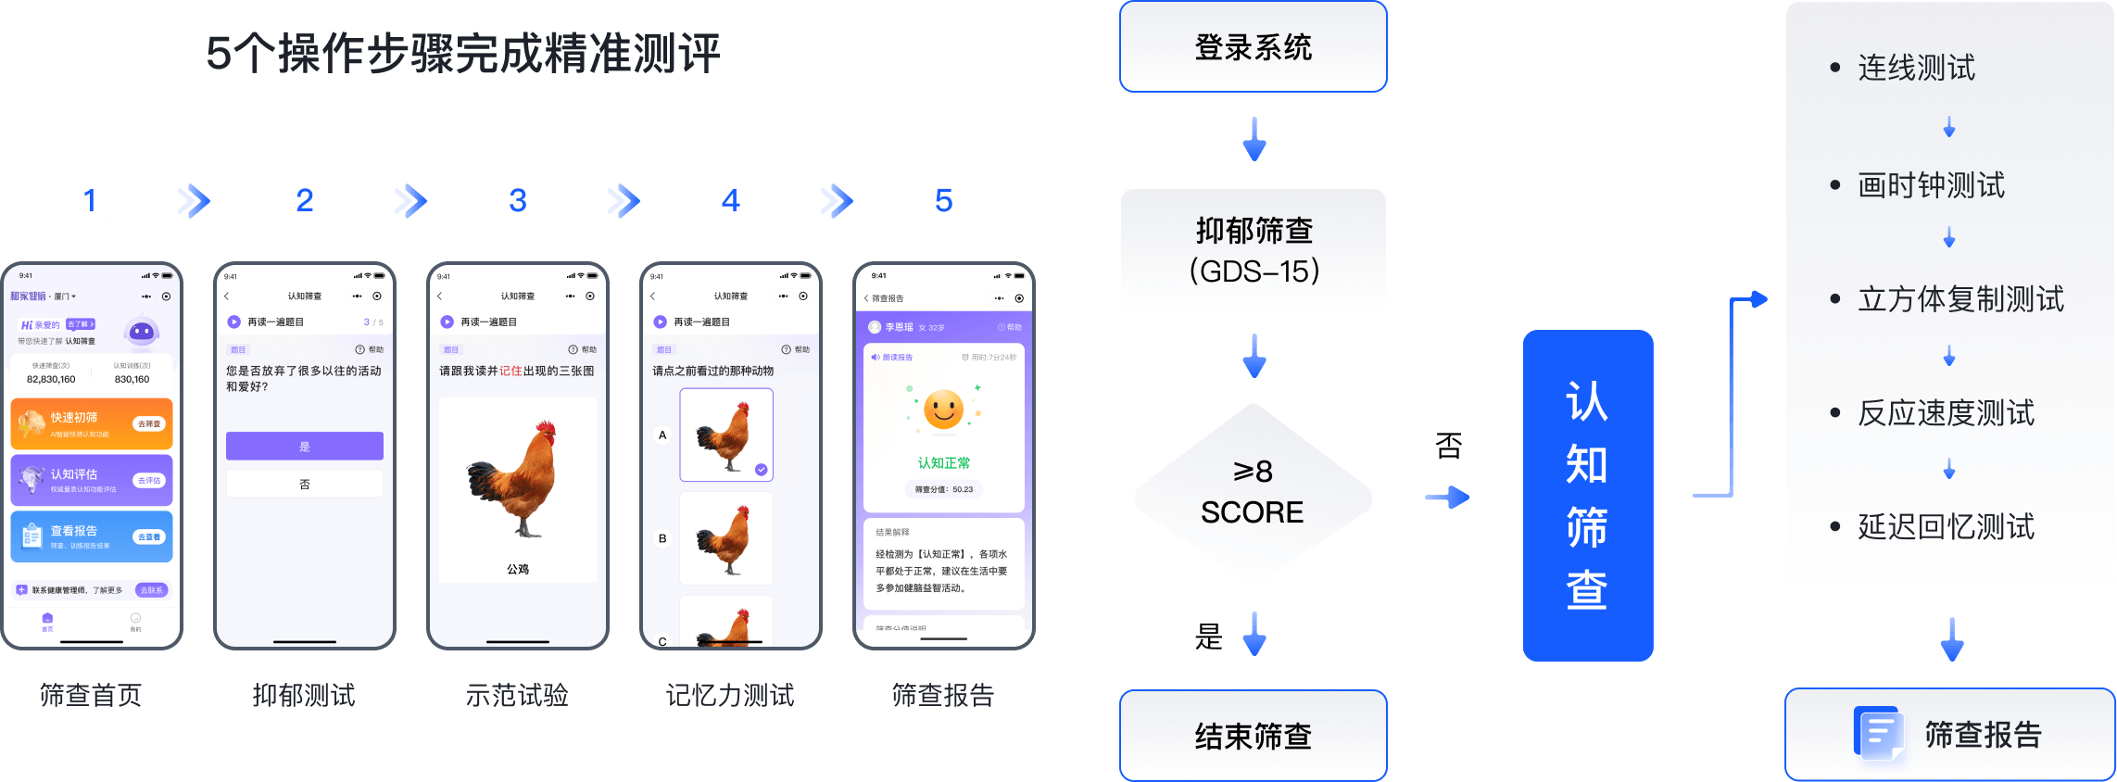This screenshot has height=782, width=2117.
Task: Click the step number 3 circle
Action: click(518, 200)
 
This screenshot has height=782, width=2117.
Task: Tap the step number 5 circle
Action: click(943, 200)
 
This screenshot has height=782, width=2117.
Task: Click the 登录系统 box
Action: click(1253, 47)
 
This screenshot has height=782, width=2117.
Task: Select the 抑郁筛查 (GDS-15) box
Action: click(1253, 249)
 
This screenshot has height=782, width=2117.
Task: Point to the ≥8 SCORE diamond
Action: click(1253, 493)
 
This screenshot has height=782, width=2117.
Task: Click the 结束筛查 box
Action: click(1253, 736)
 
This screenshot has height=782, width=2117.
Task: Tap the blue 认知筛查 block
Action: click(1587, 496)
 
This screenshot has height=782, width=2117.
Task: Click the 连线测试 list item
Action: click(1916, 68)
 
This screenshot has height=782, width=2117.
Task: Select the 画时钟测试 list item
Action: click(1931, 185)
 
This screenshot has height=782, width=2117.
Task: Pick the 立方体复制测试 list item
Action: click(1960, 299)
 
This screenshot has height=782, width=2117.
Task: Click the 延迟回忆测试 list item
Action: click(1946, 527)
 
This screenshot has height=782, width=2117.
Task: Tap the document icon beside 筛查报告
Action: click(1877, 734)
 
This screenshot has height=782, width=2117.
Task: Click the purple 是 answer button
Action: click(305, 446)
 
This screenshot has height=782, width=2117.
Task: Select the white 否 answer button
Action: click(305, 484)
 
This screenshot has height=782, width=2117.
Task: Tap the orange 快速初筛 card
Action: click(92, 423)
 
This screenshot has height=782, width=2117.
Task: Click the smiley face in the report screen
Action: click(944, 410)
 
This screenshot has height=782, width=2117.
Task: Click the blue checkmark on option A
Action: click(761, 470)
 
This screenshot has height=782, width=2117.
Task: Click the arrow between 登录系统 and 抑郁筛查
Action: click(1254, 139)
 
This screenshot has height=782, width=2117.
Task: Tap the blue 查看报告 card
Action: click(92, 536)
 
